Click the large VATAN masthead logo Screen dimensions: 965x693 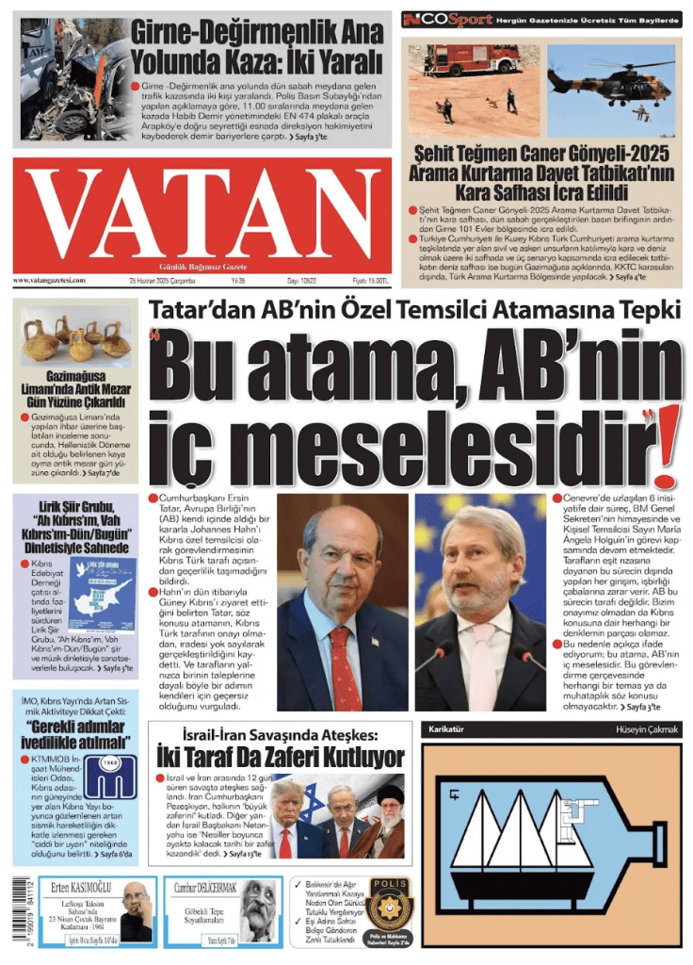201,216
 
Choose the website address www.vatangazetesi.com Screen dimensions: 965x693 49,281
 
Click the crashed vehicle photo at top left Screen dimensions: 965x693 66,77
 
